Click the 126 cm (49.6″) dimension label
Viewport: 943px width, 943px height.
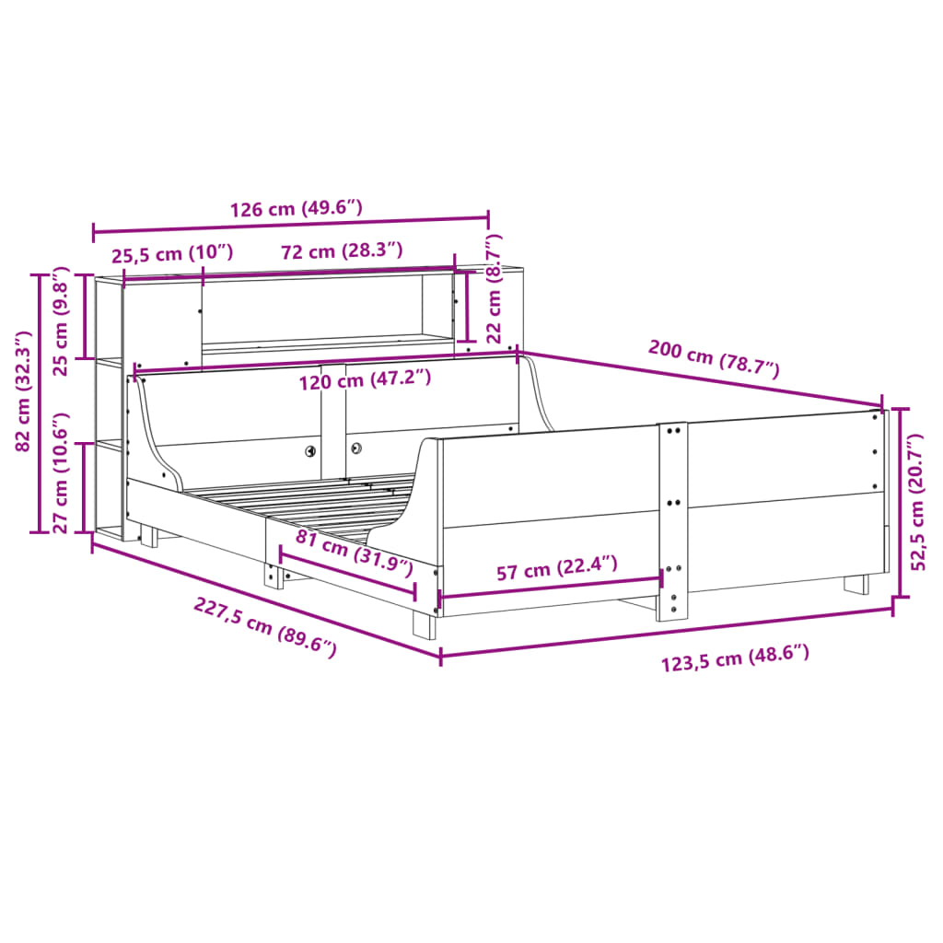pos(297,208)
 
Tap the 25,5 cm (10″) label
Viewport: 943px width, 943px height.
pos(172,253)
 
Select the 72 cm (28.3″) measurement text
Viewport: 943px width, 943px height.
pos(342,250)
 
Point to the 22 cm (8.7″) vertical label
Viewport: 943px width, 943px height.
pos(494,288)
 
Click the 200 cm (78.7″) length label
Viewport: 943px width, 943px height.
pos(714,358)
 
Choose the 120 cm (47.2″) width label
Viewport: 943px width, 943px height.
pos(365,379)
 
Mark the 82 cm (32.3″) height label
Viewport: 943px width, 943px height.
pos(23,390)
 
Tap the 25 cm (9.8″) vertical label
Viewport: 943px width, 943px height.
pos(61,321)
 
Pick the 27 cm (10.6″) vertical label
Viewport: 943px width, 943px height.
pos(61,472)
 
